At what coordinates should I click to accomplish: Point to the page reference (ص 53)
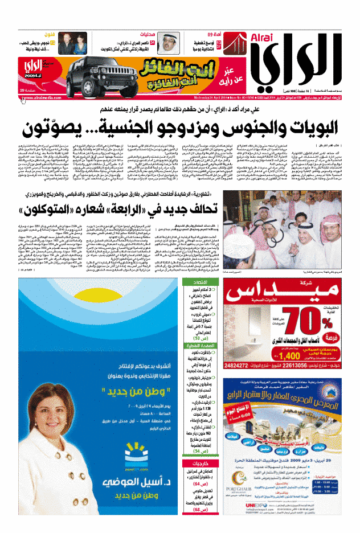(x=202, y=354)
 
